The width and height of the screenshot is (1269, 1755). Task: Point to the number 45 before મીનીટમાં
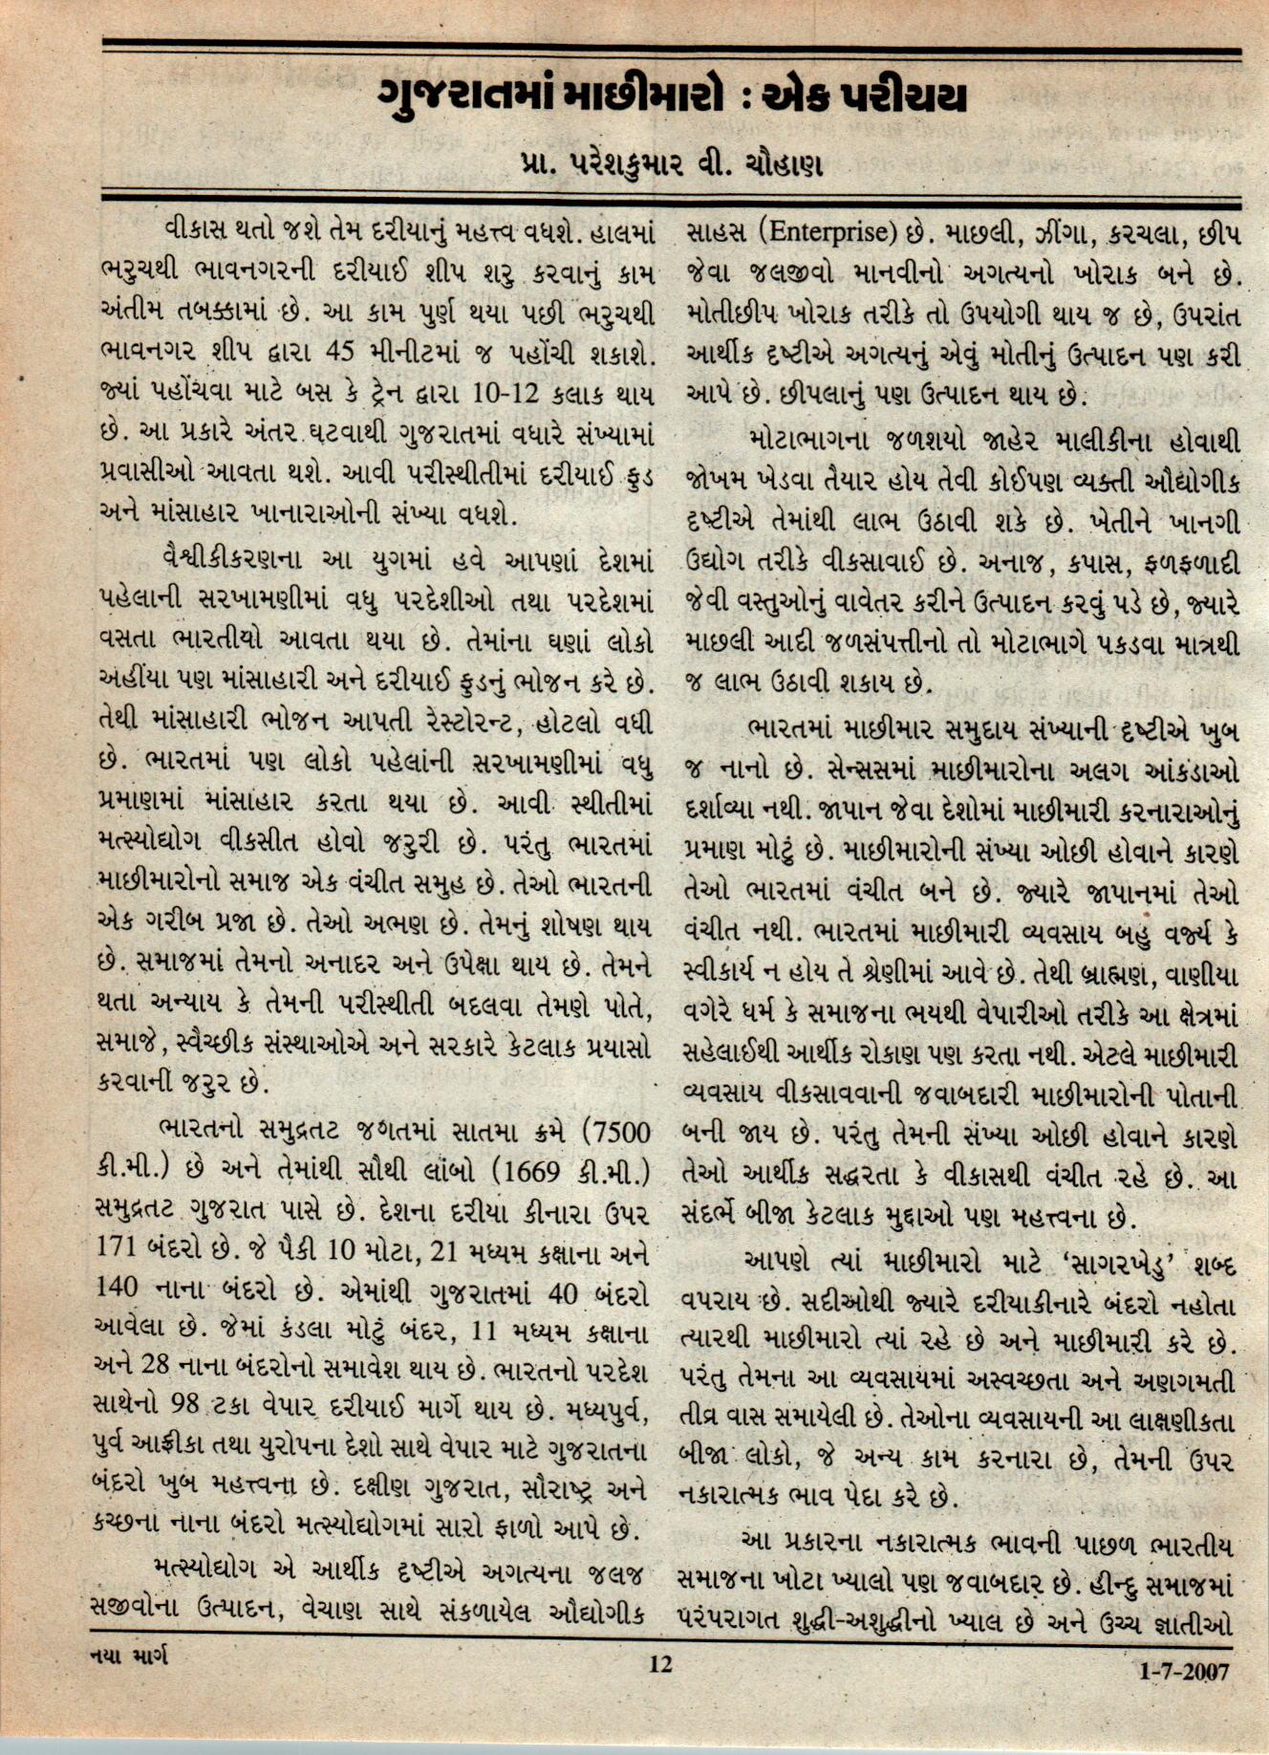tap(341, 351)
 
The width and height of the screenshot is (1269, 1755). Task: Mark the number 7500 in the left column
tap(616, 1133)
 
